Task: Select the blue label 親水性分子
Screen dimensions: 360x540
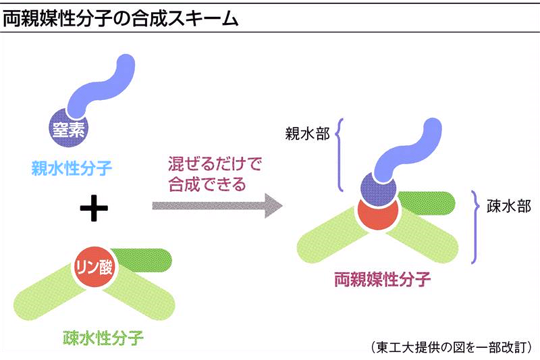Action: click(70, 165)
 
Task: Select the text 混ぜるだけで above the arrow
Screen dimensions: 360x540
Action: click(214, 163)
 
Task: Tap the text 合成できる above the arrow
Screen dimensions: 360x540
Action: click(207, 184)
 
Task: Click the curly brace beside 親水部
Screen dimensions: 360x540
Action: click(339, 154)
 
